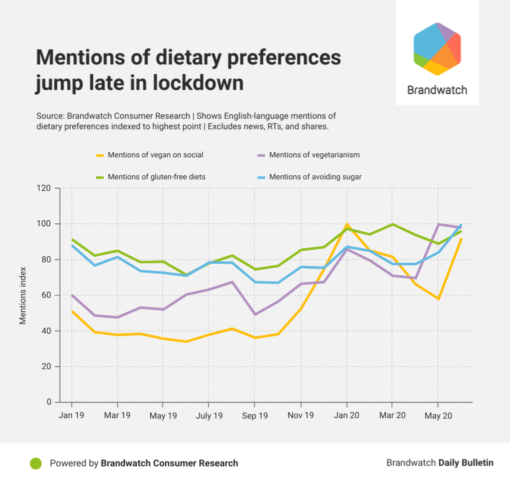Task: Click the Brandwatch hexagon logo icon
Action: coord(437,49)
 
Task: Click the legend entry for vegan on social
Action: coord(155,155)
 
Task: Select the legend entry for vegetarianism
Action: coord(314,155)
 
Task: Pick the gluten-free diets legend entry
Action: coord(156,176)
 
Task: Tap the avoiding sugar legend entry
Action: coord(315,176)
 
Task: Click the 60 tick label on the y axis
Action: coord(47,295)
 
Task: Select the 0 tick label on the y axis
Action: coord(49,402)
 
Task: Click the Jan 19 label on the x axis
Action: coord(71,416)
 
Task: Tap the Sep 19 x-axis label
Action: coord(254,416)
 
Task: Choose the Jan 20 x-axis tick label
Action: coord(346,416)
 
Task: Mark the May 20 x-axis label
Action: coord(438,416)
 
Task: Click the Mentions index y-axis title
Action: coord(23,295)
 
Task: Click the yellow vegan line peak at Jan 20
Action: coord(346,224)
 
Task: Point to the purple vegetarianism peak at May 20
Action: coord(438,224)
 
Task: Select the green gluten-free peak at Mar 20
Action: coord(392,224)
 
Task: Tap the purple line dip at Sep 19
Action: coord(254,314)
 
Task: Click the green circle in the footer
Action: coord(35,464)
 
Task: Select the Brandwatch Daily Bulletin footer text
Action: coord(439,463)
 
